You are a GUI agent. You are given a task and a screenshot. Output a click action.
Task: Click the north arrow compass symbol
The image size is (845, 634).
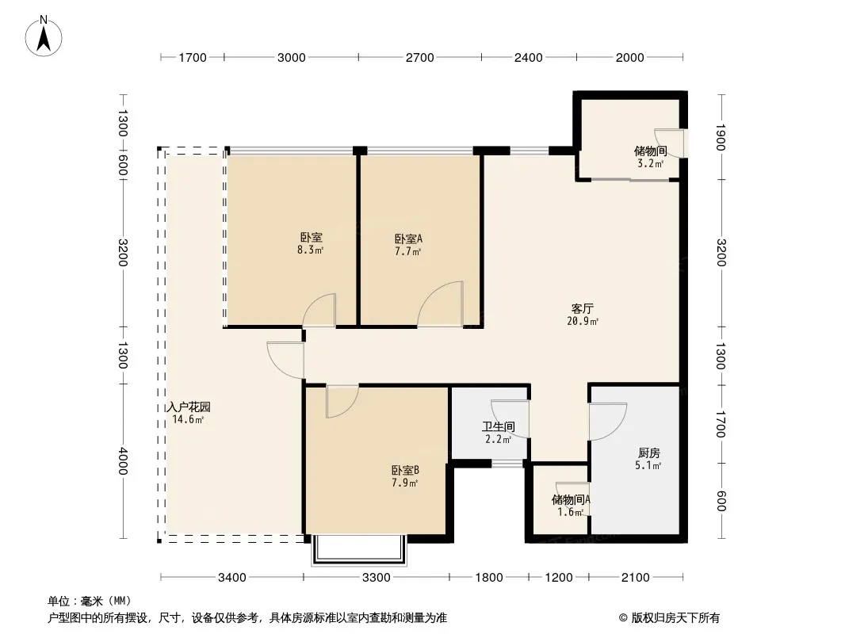(x=43, y=36)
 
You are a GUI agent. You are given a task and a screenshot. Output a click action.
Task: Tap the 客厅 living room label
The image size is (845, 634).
(x=582, y=308)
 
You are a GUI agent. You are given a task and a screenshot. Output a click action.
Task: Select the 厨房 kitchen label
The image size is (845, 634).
(x=648, y=453)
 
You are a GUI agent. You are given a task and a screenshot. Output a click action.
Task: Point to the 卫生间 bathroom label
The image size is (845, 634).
(x=498, y=427)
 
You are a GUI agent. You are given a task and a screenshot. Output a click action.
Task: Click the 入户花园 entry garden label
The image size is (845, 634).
(x=189, y=407)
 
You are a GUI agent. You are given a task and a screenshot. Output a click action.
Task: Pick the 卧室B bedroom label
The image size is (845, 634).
(x=405, y=470)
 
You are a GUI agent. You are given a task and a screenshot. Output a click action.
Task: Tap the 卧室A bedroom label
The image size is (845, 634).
(x=408, y=239)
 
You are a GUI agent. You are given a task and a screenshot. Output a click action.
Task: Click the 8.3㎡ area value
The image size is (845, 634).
(x=310, y=250)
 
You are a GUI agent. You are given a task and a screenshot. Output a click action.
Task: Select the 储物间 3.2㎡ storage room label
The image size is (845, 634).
(x=651, y=157)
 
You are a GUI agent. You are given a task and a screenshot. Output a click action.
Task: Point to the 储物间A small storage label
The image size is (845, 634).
(x=571, y=500)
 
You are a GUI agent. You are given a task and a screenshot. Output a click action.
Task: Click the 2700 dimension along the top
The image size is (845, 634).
(x=420, y=58)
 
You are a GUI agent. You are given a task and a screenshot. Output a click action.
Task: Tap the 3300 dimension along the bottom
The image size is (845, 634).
(x=377, y=578)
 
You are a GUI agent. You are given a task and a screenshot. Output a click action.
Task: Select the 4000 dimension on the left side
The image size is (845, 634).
(x=123, y=461)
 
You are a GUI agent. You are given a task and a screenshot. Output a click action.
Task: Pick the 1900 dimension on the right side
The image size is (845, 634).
(x=721, y=137)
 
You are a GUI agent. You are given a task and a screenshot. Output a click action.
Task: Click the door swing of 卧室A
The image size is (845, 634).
(x=440, y=304)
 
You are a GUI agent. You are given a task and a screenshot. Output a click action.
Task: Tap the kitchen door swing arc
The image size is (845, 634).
(x=608, y=422)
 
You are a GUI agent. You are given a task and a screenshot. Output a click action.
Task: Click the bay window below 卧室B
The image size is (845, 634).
(x=359, y=550)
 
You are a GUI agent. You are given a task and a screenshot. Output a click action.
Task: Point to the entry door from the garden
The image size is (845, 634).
(x=285, y=359)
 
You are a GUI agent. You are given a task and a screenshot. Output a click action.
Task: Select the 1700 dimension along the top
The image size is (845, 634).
(x=193, y=58)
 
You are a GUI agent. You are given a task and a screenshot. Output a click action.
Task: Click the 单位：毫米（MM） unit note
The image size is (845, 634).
(x=90, y=601)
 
